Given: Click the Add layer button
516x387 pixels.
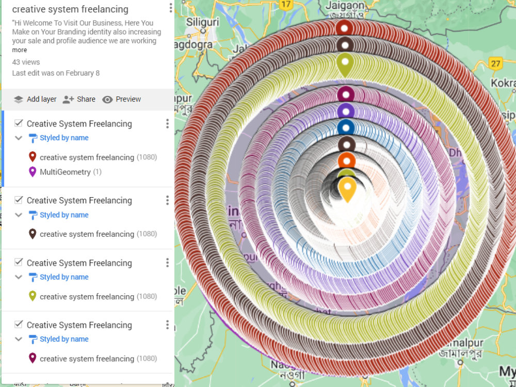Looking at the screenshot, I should pyautogui.click(x=35, y=99).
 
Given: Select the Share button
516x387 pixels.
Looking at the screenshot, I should pyautogui.click(x=79, y=99).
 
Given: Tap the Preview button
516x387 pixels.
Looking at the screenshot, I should pyautogui.click(x=121, y=99).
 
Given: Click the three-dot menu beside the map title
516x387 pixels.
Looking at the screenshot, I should pyautogui.click(x=171, y=8).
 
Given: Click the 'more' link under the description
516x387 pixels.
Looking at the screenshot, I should pyautogui.click(x=20, y=50).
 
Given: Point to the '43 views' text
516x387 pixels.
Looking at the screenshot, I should pyautogui.click(x=26, y=62).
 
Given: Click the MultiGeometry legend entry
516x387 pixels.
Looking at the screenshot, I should pyautogui.click(x=65, y=172).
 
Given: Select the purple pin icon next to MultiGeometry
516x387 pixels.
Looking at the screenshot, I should pyautogui.click(x=33, y=172).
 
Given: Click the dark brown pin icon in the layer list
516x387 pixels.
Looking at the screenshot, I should pyautogui.click(x=33, y=234).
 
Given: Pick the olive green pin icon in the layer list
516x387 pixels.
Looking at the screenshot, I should pyautogui.click(x=33, y=296).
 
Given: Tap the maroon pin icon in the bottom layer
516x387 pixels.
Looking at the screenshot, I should pyautogui.click(x=33, y=358).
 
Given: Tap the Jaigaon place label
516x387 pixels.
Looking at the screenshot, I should pyautogui.click(x=345, y=6).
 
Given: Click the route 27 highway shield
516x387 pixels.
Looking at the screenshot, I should pyautogui.click(x=496, y=63).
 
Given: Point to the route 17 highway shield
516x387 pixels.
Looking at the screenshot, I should pyautogui.click(x=285, y=4).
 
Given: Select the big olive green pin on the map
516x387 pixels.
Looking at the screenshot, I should pyautogui.click(x=345, y=64).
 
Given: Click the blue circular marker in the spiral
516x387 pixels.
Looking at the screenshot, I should pyautogui.click(x=346, y=127).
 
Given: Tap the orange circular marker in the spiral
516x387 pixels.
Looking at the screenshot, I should pyautogui.click(x=347, y=160).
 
